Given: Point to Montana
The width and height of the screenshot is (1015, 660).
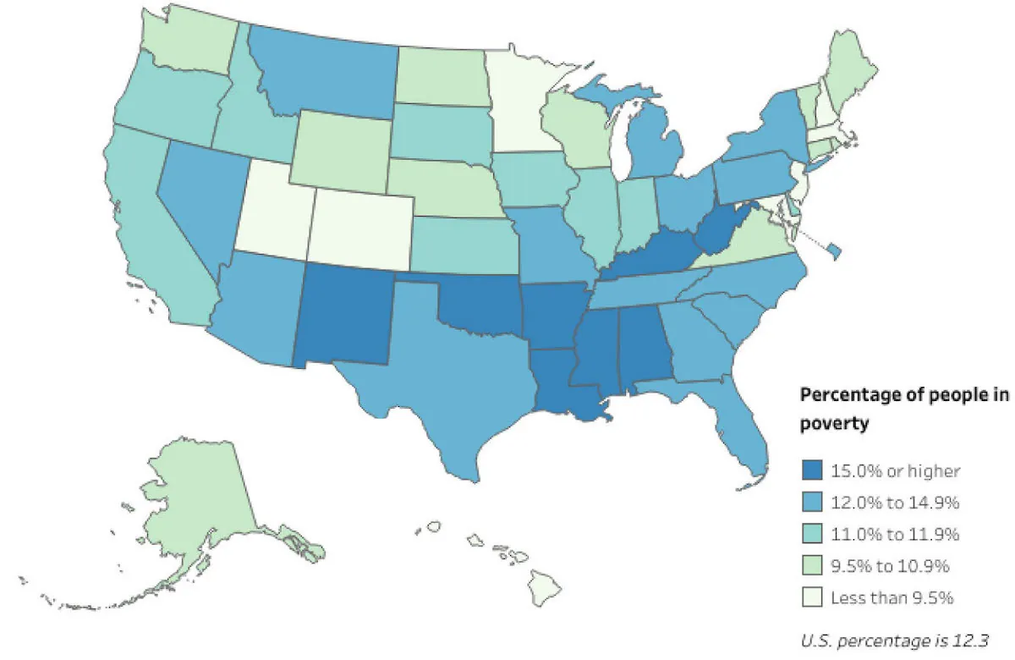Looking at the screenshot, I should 326,72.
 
